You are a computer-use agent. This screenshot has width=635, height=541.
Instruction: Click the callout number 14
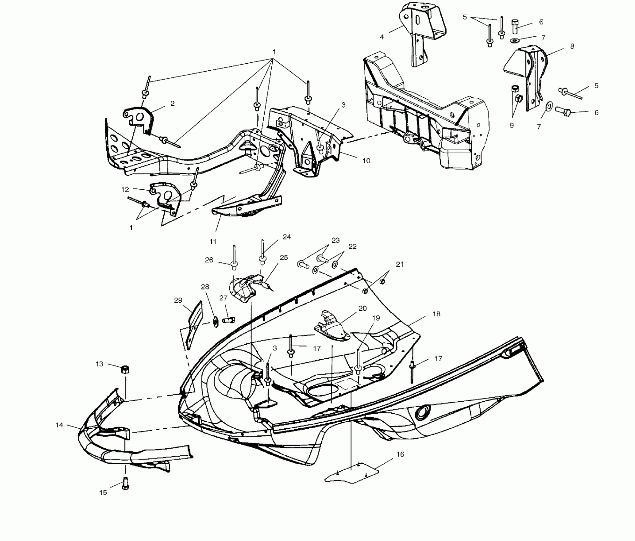59,425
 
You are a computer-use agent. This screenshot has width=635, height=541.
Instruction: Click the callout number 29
178,300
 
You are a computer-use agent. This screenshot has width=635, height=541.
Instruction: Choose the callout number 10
366,161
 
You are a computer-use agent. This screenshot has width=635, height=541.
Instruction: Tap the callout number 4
382,37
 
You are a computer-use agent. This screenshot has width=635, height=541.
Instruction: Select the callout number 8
572,46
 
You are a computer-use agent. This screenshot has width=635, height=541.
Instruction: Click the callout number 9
512,125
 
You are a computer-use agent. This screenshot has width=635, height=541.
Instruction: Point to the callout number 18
436,314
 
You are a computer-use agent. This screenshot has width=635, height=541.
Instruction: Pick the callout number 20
362,308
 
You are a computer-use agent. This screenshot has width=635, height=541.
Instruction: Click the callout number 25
283,258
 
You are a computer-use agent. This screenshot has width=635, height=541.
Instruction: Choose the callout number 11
213,241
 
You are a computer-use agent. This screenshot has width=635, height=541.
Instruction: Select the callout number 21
400,264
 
